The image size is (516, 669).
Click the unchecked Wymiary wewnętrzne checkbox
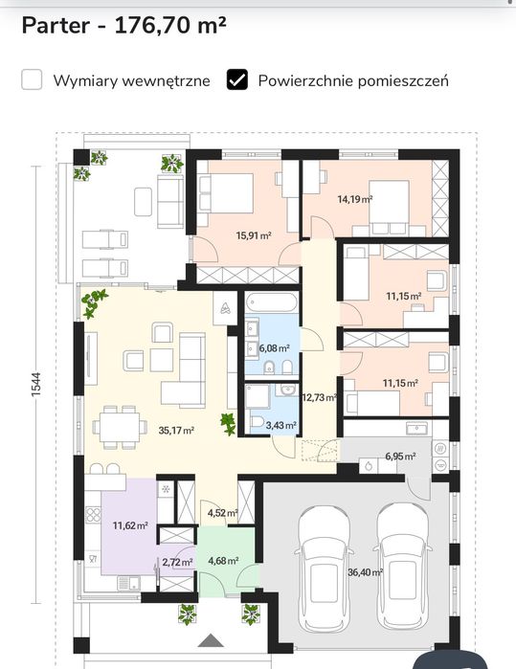(32, 79)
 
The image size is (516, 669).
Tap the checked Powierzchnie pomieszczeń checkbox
(236, 79)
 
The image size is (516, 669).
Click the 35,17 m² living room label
(176, 430)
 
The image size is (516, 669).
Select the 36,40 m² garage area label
(365, 571)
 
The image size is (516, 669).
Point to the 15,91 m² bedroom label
(254, 235)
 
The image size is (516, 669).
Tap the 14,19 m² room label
(355, 199)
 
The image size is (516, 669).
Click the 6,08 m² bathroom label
(275, 348)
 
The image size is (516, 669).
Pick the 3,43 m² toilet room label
(280, 425)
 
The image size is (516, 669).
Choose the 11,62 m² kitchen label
(130, 525)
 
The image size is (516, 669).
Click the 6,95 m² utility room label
(400, 457)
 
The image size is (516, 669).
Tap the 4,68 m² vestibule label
(223, 560)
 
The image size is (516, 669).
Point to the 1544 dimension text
(35, 385)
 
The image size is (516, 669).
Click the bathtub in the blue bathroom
(272, 302)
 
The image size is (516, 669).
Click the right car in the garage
(402, 567)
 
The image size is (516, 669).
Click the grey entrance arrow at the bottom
(211, 640)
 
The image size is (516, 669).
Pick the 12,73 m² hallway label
(319, 397)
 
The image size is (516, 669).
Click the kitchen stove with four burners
(93, 515)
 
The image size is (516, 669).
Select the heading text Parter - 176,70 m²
(123, 26)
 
